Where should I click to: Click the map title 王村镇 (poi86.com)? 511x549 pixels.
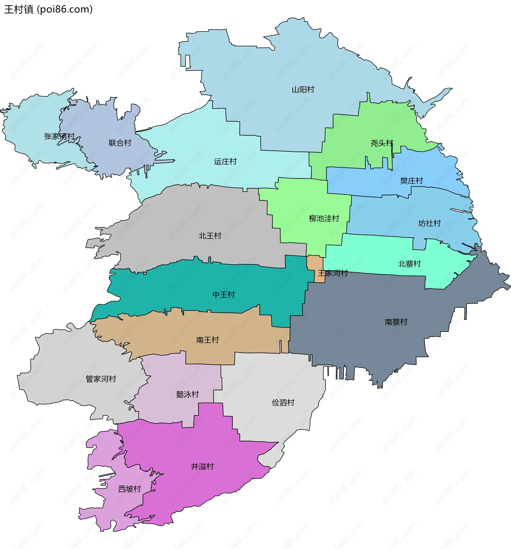click(48, 9)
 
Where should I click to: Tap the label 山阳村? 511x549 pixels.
click(303, 89)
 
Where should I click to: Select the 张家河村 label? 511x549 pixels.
click(59, 137)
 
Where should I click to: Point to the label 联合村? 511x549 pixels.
click(120, 143)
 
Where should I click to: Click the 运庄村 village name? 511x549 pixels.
click(225, 162)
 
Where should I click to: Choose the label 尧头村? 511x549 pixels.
click(381, 143)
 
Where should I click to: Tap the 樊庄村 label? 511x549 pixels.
click(411, 181)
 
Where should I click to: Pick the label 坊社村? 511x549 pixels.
click(429, 224)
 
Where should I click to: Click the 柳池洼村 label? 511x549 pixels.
click(324, 218)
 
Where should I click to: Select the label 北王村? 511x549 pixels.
click(210, 236)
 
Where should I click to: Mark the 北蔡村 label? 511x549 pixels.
click(409, 264)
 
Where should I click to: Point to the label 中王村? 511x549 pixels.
click(224, 295)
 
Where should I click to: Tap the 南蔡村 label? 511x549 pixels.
click(396, 322)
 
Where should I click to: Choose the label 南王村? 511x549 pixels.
click(207, 340)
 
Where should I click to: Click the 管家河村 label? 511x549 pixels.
click(101, 379)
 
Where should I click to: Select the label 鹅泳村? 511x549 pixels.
click(187, 394)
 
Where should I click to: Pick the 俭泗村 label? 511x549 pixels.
click(283, 403)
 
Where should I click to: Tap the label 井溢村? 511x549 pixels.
click(202, 467)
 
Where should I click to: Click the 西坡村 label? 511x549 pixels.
click(129, 489)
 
